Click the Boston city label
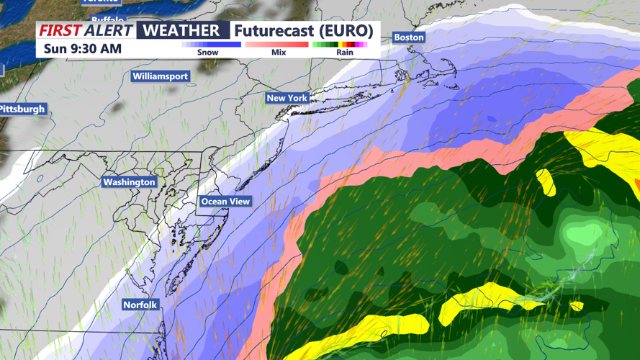coord(409,37)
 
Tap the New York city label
coord(287,98)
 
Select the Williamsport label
coord(160,76)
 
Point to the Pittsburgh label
coord(22,109)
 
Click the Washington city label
coord(130,182)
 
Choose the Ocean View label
coord(225,202)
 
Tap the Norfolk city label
coord(140,305)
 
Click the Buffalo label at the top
coord(108,19)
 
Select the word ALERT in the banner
coord(107,30)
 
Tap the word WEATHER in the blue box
coord(182,30)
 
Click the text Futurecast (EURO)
coord(304,30)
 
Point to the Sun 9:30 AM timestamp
coord(82,49)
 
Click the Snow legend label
coord(207,53)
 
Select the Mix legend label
coord(278,53)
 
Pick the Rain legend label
coord(345,53)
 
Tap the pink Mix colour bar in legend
coord(276,45)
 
